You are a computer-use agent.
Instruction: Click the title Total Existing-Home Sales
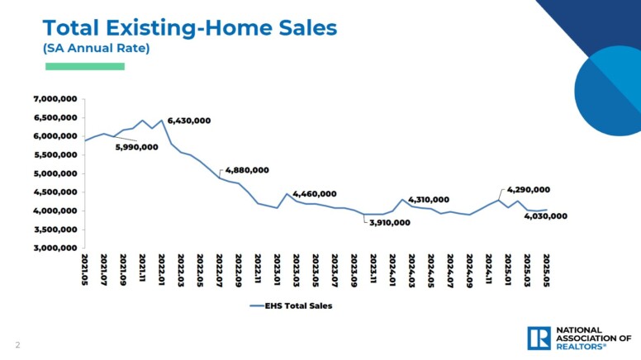pyautogui.click(x=190, y=27)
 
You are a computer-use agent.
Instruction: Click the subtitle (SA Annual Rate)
pyautogui.click(x=96, y=49)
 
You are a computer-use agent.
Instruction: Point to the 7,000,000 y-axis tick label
pyautogui.click(x=55, y=99)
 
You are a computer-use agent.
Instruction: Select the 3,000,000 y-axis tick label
pyautogui.click(x=55, y=248)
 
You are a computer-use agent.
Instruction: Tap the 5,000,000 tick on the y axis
pyautogui.click(x=55, y=173)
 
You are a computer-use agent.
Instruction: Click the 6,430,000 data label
pyautogui.click(x=189, y=121)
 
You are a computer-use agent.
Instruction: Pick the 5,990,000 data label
pyautogui.click(x=137, y=147)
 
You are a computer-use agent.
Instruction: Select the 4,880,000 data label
pyautogui.click(x=247, y=170)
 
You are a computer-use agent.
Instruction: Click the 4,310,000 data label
pyautogui.click(x=428, y=200)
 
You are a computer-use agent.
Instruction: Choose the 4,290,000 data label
pyautogui.click(x=529, y=190)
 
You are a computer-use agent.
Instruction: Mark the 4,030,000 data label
pyautogui.click(x=546, y=216)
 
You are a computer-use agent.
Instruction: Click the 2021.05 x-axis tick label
pyautogui.click(x=85, y=269)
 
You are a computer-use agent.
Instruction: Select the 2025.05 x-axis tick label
pyautogui.click(x=546, y=269)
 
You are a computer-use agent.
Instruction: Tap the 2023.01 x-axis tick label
pyautogui.click(x=277, y=269)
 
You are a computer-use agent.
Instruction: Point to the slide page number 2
pyautogui.click(x=17, y=344)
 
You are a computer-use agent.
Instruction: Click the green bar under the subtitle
pyautogui.click(x=83, y=66)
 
